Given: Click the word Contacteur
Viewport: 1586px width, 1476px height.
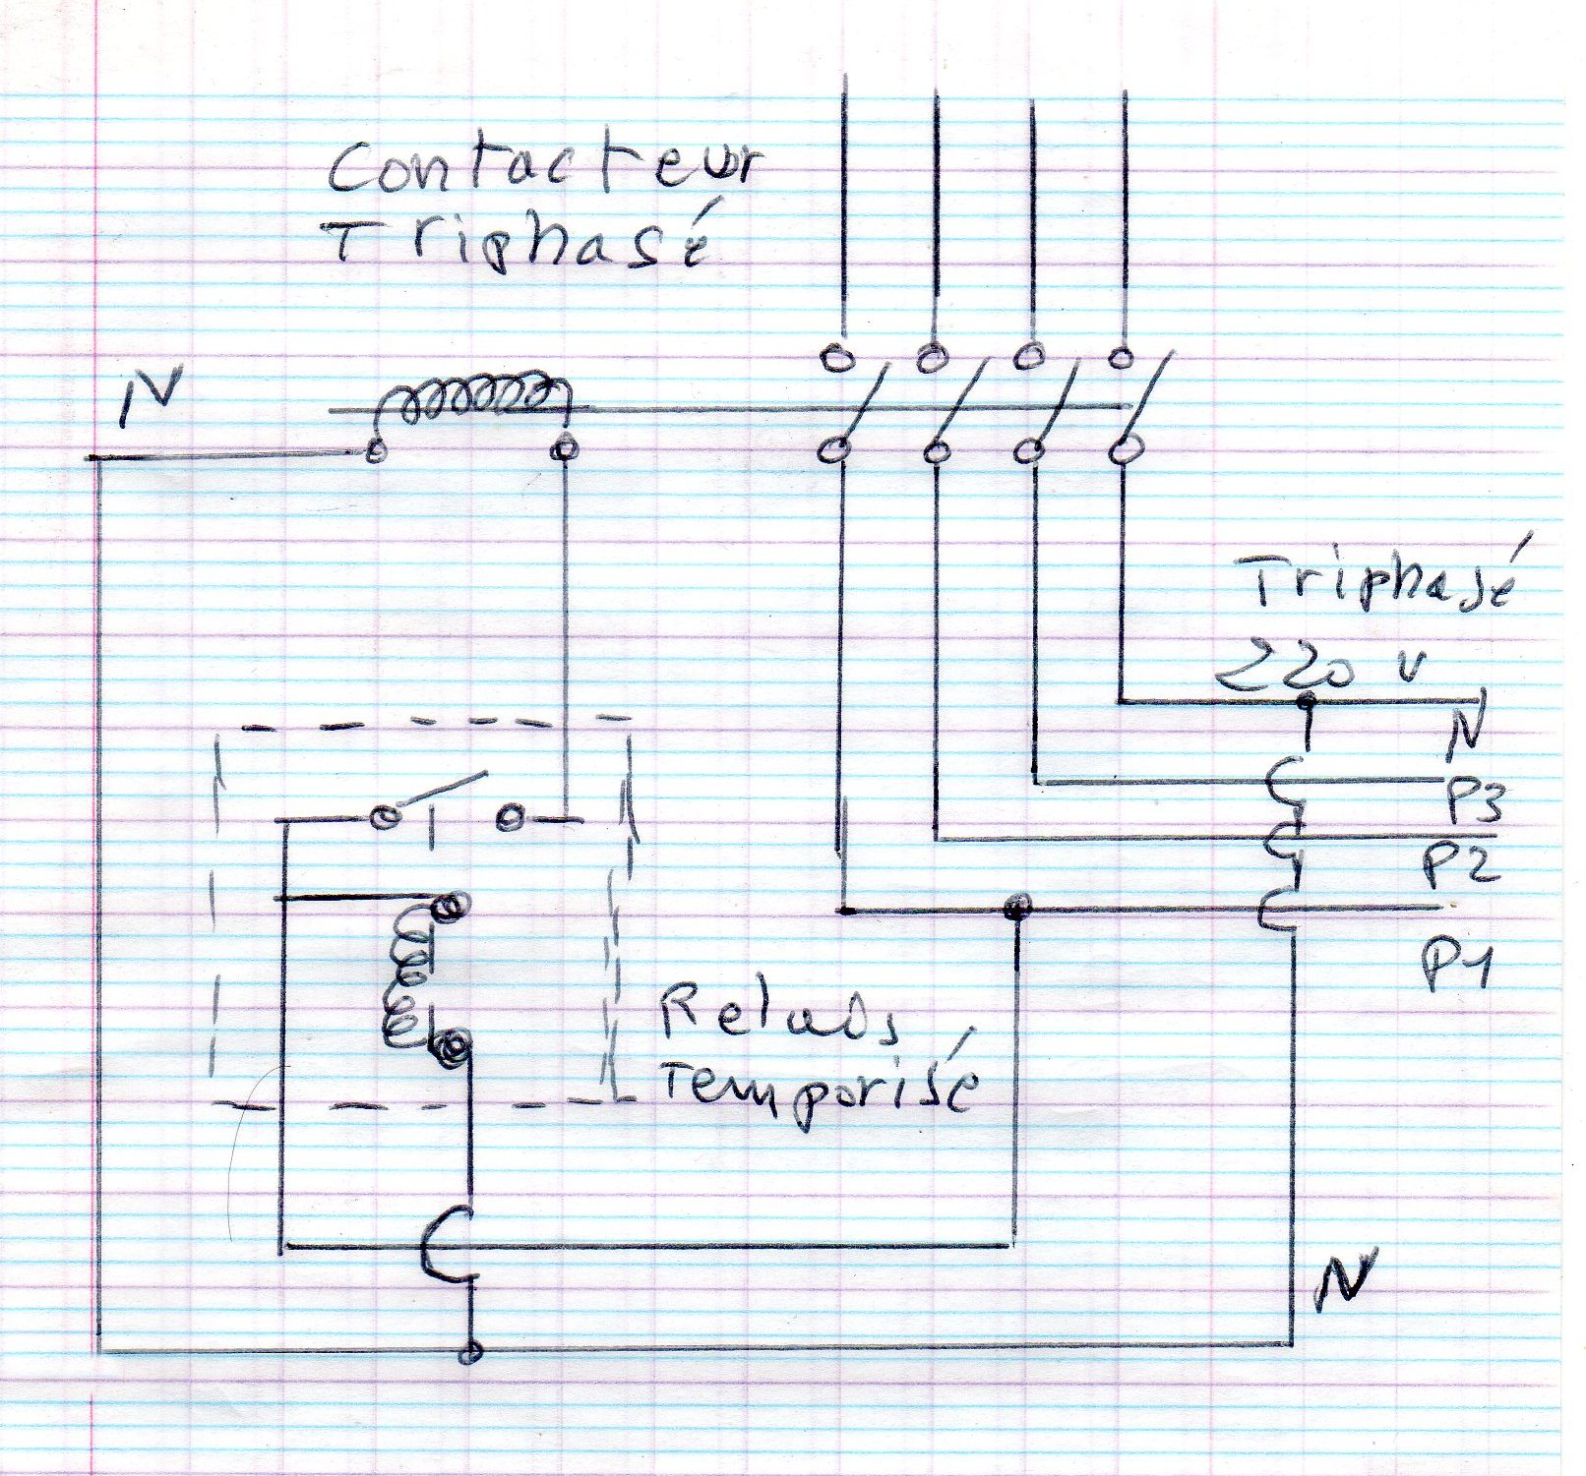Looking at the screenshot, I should click(x=544, y=169).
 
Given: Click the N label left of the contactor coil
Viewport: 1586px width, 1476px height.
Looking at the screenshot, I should click(x=147, y=399).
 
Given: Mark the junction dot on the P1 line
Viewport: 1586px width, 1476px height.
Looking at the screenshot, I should click(x=1015, y=907).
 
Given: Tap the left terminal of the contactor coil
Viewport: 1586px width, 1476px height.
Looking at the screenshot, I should click(x=374, y=451).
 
